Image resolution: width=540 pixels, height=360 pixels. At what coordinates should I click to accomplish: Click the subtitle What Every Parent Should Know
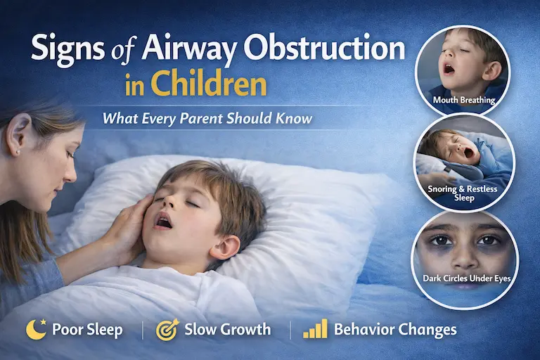pos(207,117)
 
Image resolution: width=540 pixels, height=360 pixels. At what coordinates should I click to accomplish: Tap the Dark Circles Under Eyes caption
pos(466,278)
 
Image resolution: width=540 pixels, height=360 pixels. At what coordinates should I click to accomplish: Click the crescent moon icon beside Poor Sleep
pos(33,328)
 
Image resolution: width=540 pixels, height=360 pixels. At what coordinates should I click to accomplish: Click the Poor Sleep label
pos(86,329)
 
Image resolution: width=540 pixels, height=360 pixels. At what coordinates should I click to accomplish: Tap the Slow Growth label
pos(227,329)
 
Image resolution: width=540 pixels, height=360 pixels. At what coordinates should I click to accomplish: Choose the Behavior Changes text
pos(395,329)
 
